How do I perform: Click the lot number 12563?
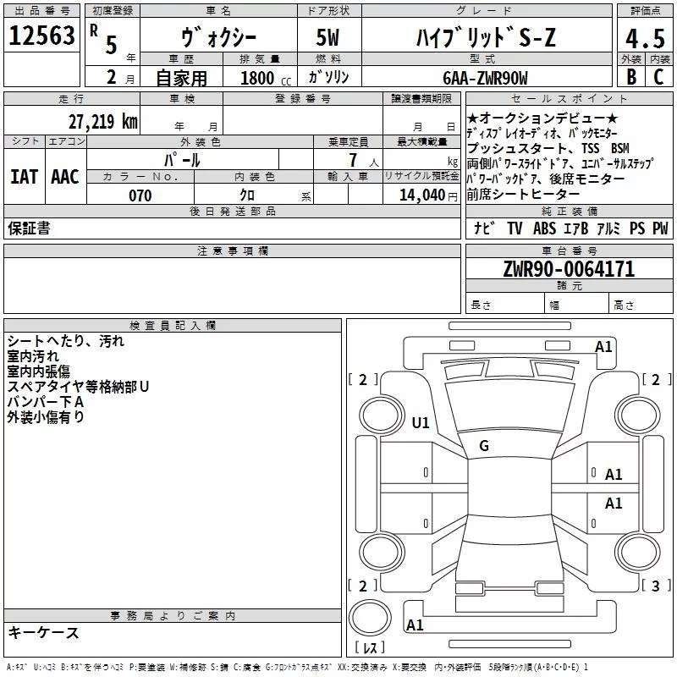(x=41, y=36)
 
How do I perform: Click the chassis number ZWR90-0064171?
(x=569, y=269)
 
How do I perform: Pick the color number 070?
(x=140, y=195)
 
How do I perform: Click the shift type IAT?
(x=25, y=177)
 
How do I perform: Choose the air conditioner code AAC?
(x=65, y=177)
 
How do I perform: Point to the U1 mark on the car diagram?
(x=421, y=422)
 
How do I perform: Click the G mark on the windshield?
(x=484, y=446)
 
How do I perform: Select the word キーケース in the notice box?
(x=43, y=633)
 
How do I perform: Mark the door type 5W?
(x=330, y=37)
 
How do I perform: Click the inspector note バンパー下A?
(x=45, y=402)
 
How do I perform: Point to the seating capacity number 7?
(x=351, y=160)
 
